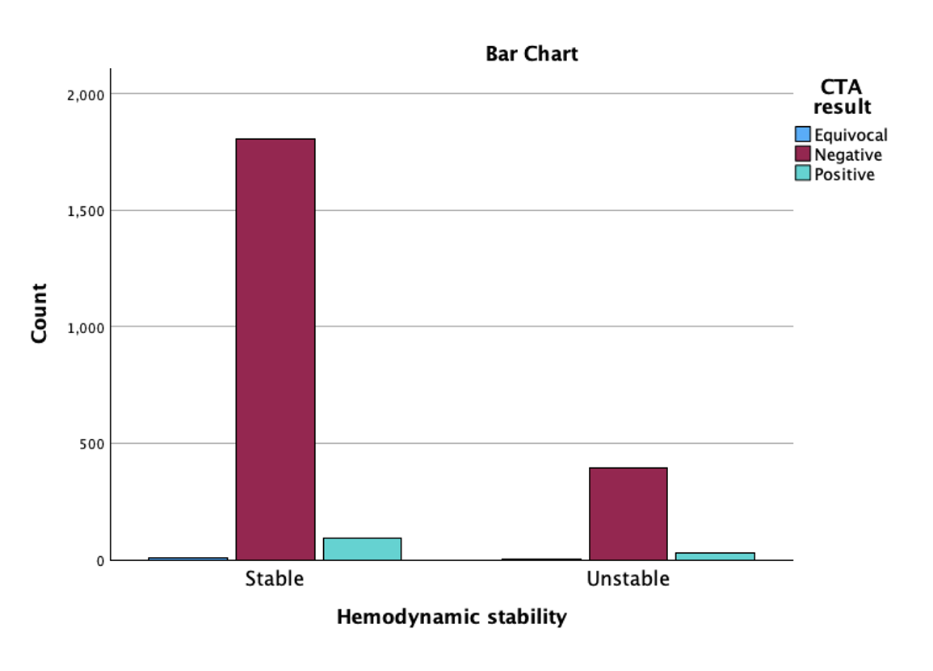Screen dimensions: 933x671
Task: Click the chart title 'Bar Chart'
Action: (532, 53)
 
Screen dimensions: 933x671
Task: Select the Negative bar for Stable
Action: (275, 349)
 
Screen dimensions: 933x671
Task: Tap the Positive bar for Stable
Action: (363, 549)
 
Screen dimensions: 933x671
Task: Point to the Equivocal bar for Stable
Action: (188, 559)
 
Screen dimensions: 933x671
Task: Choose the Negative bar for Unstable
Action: (628, 514)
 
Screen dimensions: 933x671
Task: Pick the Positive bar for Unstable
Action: (715, 557)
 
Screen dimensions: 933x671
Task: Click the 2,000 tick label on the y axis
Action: (86, 95)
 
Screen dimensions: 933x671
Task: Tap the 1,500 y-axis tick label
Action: (86, 211)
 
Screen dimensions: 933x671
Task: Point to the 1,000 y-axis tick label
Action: (86, 328)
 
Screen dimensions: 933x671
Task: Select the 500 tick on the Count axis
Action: (91, 444)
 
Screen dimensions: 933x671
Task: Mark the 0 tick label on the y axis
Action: (100, 561)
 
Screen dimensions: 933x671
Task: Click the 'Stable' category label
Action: (275, 579)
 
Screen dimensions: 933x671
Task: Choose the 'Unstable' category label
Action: (628, 579)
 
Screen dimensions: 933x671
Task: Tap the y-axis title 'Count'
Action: (39, 313)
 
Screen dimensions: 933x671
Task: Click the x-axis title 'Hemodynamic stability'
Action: (452, 617)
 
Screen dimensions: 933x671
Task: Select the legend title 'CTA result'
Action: (842, 96)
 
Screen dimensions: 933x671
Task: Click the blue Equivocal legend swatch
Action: (803, 134)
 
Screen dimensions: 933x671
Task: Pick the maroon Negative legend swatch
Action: (803, 154)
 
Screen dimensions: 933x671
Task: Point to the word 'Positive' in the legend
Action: (844, 175)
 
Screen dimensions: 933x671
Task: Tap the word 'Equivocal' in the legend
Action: (851, 135)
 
